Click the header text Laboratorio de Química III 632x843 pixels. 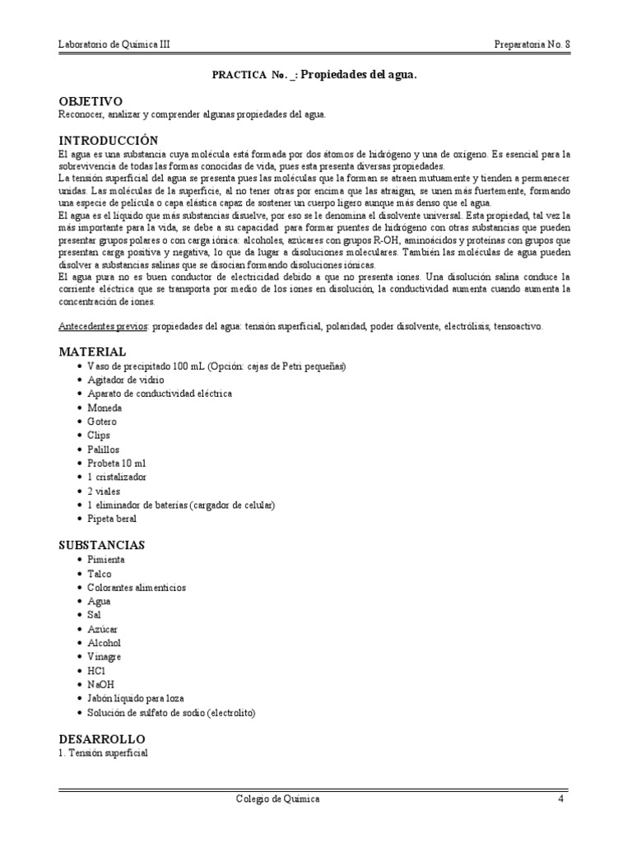116,44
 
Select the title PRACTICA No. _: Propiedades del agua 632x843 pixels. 315,75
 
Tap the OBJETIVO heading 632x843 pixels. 91,101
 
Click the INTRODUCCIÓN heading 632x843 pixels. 109,141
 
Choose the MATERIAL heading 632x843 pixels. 92,352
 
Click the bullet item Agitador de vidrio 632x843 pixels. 125,380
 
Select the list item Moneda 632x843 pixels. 105,408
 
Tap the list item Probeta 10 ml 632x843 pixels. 115,463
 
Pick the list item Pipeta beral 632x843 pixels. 112,519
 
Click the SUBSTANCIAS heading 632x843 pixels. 102,545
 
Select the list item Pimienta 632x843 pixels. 107,560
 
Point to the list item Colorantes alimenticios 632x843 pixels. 137,588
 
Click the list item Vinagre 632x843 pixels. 105,657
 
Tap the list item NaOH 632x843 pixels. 100,684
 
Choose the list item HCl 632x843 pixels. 97,671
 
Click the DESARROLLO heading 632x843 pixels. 102,739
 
